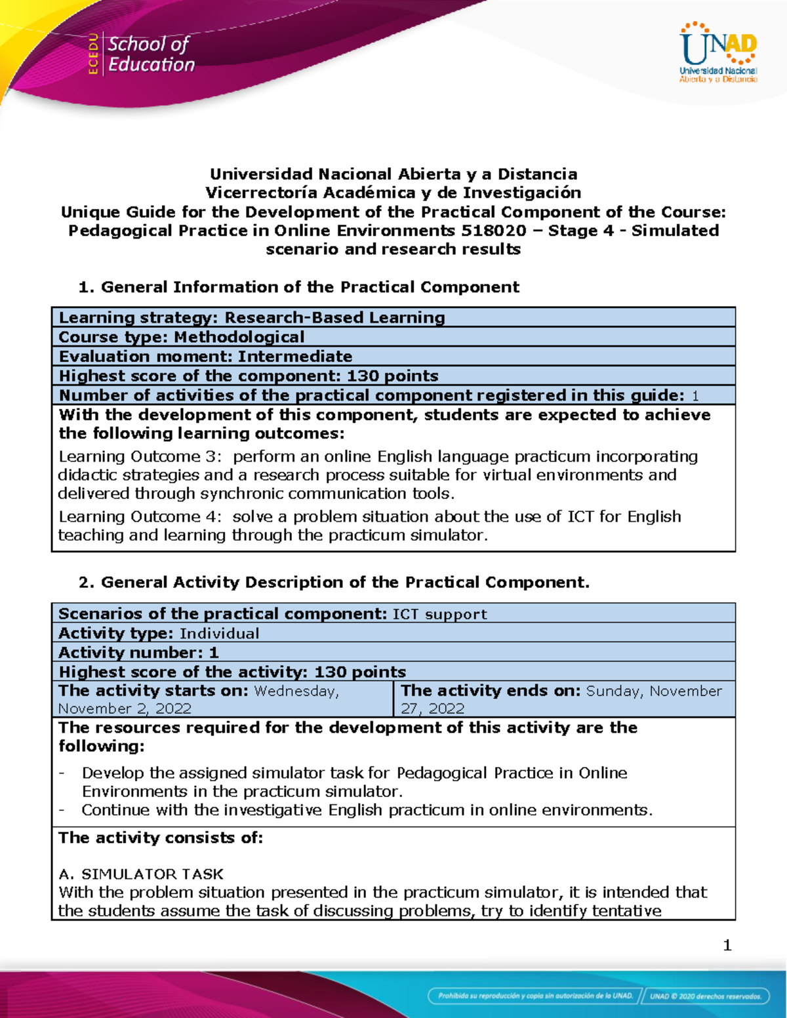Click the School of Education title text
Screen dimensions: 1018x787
[151, 54]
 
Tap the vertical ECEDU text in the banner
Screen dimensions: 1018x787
[93, 54]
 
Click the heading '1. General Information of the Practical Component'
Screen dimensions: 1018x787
[298, 287]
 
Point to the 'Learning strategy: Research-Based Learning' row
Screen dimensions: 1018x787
[252, 318]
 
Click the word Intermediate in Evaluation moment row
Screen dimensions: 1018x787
[294, 357]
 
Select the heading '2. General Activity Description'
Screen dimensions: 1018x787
[334, 583]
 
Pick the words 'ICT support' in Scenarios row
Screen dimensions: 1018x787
[439, 614]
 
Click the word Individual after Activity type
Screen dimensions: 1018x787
[219, 634]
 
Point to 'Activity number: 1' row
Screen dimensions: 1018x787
[138, 653]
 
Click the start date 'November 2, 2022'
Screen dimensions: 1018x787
[125, 709]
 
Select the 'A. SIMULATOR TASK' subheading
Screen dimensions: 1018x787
[141, 874]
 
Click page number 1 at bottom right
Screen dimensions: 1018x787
[727, 945]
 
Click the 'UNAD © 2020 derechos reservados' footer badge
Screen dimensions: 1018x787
[706, 996]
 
